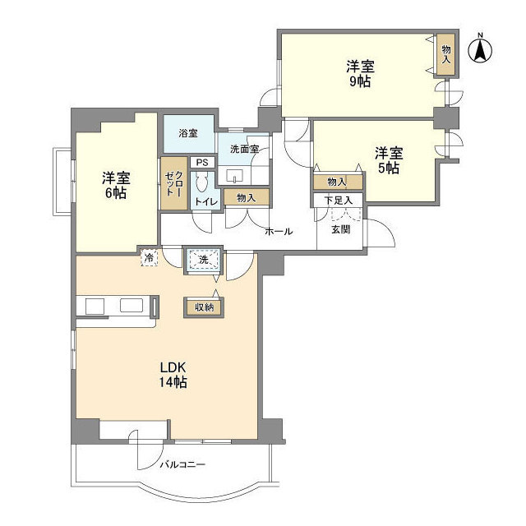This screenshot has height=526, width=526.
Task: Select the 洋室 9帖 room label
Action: pos(358,72)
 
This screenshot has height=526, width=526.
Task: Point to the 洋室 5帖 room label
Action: pos(389,159)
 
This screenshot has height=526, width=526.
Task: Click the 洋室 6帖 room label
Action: pos(115,185)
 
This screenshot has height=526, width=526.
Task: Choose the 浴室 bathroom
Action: pos(188,132)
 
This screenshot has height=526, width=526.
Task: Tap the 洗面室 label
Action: pos(244,150)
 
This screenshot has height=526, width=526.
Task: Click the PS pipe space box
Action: pos(201,163)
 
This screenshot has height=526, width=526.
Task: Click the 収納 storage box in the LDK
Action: pos(204,307)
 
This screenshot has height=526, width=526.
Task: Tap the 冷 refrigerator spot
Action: pos(149,257)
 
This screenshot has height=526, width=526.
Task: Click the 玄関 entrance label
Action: pos(341,229)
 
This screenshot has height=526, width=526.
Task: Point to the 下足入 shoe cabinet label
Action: pos(338,200)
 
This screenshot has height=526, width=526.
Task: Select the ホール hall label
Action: pos(279,232)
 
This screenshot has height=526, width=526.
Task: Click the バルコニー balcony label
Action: pos(182,464)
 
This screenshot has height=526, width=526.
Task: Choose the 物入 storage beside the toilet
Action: pos(246,197)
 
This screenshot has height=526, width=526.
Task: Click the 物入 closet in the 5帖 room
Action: pos(337,181)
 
